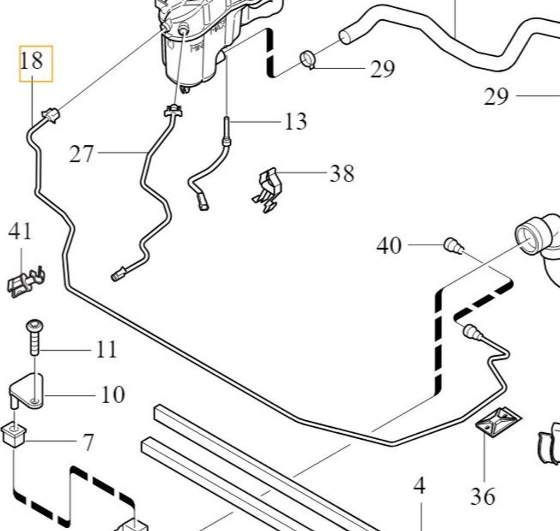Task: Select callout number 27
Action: pos(81,154)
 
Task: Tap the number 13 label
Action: pos(295,121)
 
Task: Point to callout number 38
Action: pos(342,174)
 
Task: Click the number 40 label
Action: pos(389,245)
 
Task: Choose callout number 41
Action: pos(20,231)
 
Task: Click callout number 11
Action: pos(107,349)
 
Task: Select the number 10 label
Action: pos(113,394)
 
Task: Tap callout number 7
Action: pos(88,442)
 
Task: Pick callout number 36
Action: pos(483,497)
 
